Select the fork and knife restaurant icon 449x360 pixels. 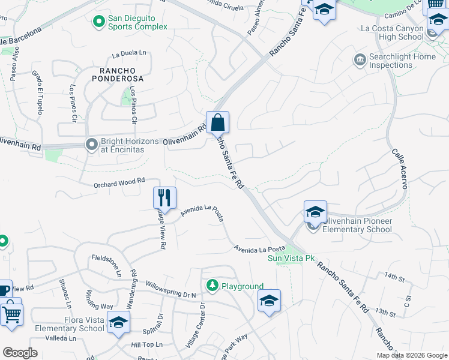click(x=163, y=197)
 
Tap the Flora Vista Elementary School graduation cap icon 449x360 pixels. click(x=119, y=323)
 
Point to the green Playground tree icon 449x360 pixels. click(x=212, y=286)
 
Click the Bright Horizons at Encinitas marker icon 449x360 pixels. click(x=92, y=145)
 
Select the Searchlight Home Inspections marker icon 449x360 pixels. click(x=360, y=61)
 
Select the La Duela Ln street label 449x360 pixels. click(x=129, y=53)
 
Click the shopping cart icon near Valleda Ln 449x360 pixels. click(x=11, y=314)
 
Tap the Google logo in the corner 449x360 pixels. click(x=20, y=353)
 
